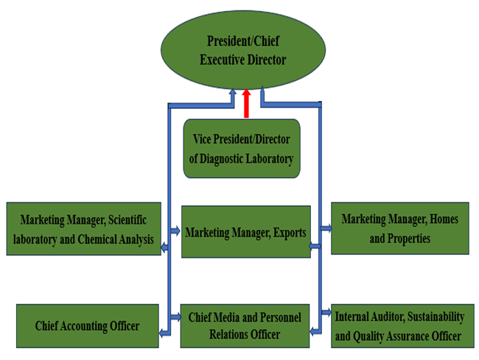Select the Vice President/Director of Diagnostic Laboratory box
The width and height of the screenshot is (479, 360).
pos(242,148)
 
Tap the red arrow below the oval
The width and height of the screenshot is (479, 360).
pos(245,103)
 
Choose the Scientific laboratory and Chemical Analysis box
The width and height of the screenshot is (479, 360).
pos(83,229)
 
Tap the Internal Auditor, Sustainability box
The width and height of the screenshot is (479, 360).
pos(399,326)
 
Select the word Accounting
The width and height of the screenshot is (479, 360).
pos(87,325)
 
